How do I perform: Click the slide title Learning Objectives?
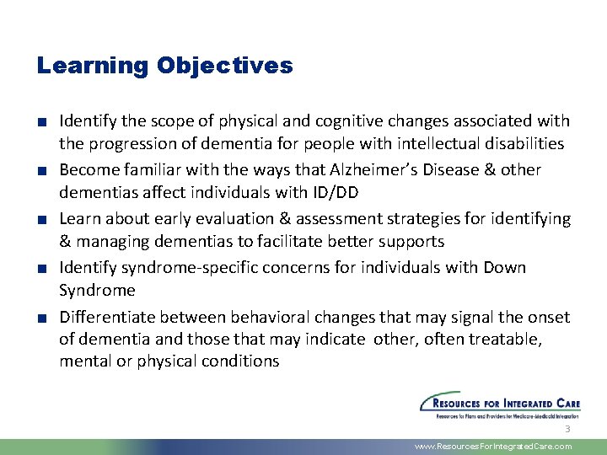point(164,66)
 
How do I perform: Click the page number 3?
point(567,429)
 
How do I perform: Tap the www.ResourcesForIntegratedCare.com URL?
point(493,447)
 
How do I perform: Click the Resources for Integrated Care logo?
point(500,404)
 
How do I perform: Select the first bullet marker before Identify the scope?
point(40,122)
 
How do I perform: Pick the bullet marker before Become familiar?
point(40,171)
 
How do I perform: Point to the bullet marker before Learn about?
point(40,220)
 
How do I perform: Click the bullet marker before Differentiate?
point(40,318)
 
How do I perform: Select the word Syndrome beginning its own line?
point(97,291)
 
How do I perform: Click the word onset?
point(548,317)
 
